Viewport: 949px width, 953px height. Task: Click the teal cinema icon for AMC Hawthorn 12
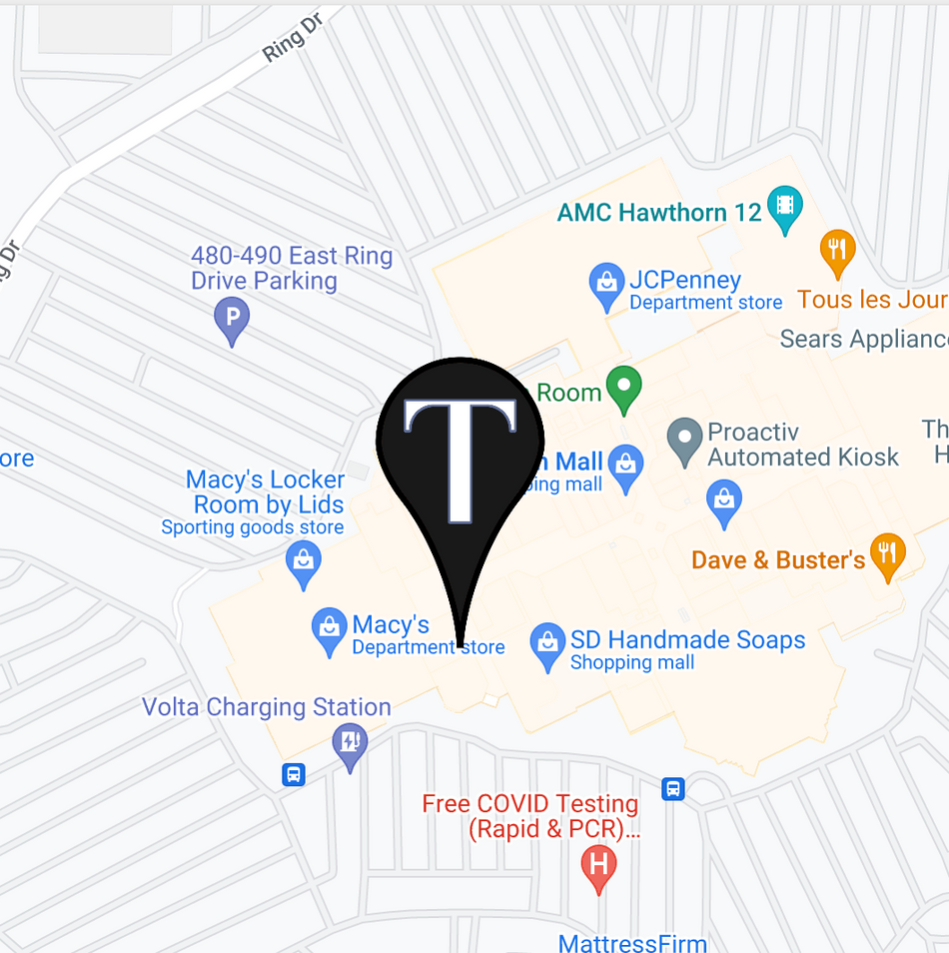tap(785, 207)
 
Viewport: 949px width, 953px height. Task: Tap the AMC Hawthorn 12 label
tap(659, 212)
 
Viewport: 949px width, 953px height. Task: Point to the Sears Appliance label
tap(864, 339)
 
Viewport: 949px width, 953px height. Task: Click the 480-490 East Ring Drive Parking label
tap(292, 269)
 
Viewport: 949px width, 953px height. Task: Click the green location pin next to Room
tap(624, 388)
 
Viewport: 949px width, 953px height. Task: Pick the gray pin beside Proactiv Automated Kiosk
tap(684, 439)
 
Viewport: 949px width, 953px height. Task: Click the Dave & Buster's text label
tap(778, 559)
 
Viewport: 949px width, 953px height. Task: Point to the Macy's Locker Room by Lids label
tap(266, 492)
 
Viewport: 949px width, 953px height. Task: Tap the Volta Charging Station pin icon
tap(350, 744)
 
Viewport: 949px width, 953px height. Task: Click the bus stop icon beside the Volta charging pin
tap(294, 774)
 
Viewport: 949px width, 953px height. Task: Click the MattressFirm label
tap(632, 942)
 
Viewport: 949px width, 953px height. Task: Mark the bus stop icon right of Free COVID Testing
tap(673, 788)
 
